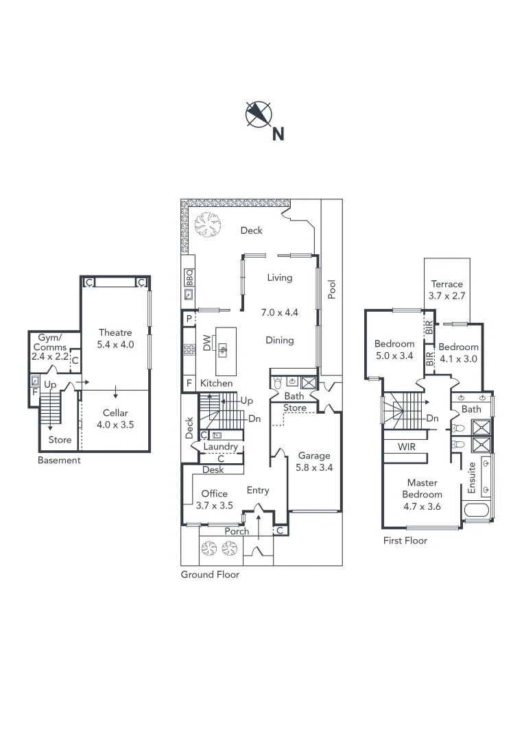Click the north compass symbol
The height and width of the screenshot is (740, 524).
click(259, 114)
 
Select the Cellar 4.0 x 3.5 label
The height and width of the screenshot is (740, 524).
click(114, 419)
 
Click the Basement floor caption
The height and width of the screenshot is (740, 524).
click(59, 460)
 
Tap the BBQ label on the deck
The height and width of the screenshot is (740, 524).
click(189, 277)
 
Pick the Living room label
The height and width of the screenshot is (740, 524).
click(280, 277)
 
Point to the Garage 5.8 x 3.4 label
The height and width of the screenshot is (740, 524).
click(313, 462)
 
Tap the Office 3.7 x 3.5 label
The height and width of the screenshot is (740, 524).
click(214, 500)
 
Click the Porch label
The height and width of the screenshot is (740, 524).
click(237, 531)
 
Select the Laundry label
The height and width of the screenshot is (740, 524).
click(221, 447)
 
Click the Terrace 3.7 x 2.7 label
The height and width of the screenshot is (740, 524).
click(446, 290)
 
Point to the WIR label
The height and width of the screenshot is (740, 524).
click(407, 446)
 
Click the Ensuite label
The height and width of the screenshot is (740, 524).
click(471, 478)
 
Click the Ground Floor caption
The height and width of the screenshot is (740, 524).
click(210, 575)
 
